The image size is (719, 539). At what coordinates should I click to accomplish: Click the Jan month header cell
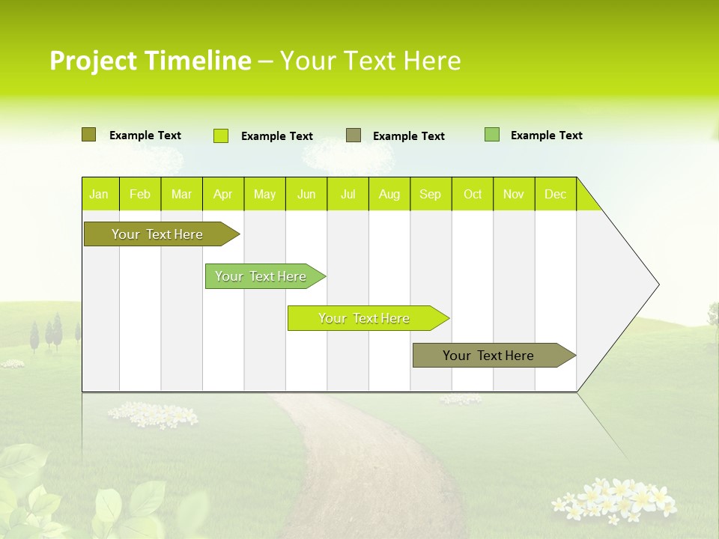100,195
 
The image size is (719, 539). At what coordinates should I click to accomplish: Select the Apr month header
223,195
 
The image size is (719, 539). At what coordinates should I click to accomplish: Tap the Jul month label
348,195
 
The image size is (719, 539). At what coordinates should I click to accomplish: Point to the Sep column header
431,195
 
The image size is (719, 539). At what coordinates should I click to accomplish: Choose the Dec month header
555,195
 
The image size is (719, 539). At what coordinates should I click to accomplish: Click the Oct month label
473,195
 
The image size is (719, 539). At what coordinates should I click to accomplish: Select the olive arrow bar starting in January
157,234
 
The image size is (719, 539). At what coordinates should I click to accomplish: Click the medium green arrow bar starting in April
261,276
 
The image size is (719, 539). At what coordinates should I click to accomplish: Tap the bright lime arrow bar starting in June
364,318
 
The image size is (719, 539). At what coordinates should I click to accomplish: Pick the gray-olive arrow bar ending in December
488,356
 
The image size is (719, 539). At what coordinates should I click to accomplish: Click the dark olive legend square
88,135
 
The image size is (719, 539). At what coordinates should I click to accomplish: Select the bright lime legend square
221,135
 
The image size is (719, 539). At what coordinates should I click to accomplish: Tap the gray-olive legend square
354,135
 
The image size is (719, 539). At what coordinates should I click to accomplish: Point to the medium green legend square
492,135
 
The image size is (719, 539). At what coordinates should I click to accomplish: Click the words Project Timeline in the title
150,61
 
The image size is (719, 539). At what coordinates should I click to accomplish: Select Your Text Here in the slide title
371,61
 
